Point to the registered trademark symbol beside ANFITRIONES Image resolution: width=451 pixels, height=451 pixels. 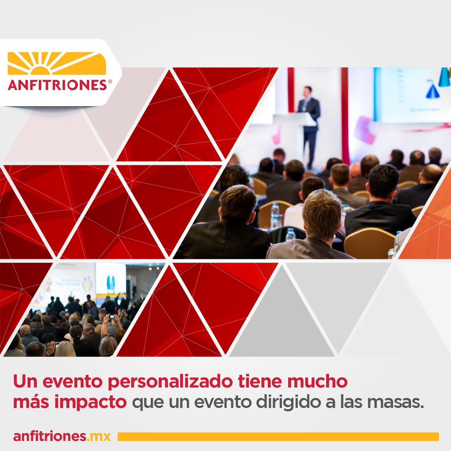click(x=110, y=82)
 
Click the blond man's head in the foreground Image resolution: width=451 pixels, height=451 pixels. click(x=322, y=215)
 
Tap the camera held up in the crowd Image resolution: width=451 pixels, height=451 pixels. click(x=111, y=316)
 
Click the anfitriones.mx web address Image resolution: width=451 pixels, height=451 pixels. click(x=62, y=436)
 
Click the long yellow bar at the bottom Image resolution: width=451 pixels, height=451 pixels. click(x=278, y=436)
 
